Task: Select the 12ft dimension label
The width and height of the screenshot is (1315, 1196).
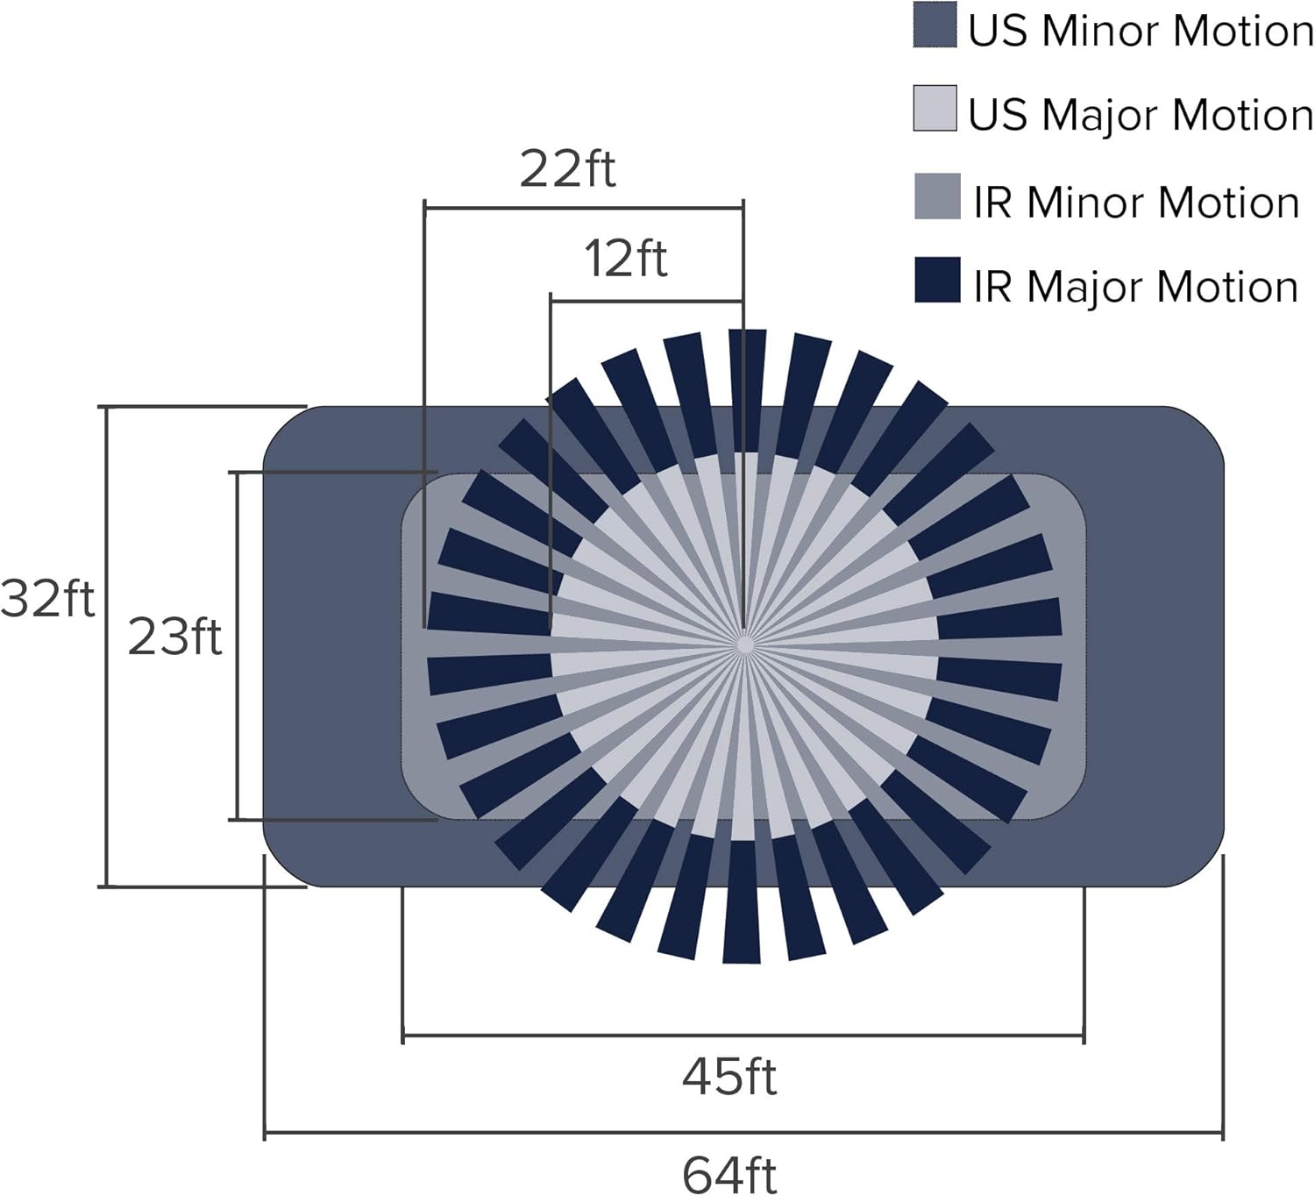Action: coord(626,259)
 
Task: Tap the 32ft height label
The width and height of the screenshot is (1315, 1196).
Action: coord(47,600)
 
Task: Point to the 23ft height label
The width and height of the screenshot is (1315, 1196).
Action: coord(174,637)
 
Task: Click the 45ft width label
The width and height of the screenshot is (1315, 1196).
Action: coord(729,1076)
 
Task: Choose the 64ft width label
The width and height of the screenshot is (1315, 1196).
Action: coord(729,1175)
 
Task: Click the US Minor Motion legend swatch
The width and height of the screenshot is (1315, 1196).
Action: coord(935,25)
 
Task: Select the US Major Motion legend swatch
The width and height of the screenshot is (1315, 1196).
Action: coord(935,109)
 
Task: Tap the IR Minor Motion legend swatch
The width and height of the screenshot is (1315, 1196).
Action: coord(937,196)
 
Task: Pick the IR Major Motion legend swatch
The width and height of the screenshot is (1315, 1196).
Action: coord(937,280)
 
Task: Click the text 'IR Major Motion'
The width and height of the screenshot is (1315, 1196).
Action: coord(1135,287)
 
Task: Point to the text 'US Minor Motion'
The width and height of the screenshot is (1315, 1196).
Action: coord(1141,31)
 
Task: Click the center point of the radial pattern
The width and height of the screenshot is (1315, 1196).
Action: coord(744,645)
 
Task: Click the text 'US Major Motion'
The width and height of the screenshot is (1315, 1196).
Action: coord(1141,115)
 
